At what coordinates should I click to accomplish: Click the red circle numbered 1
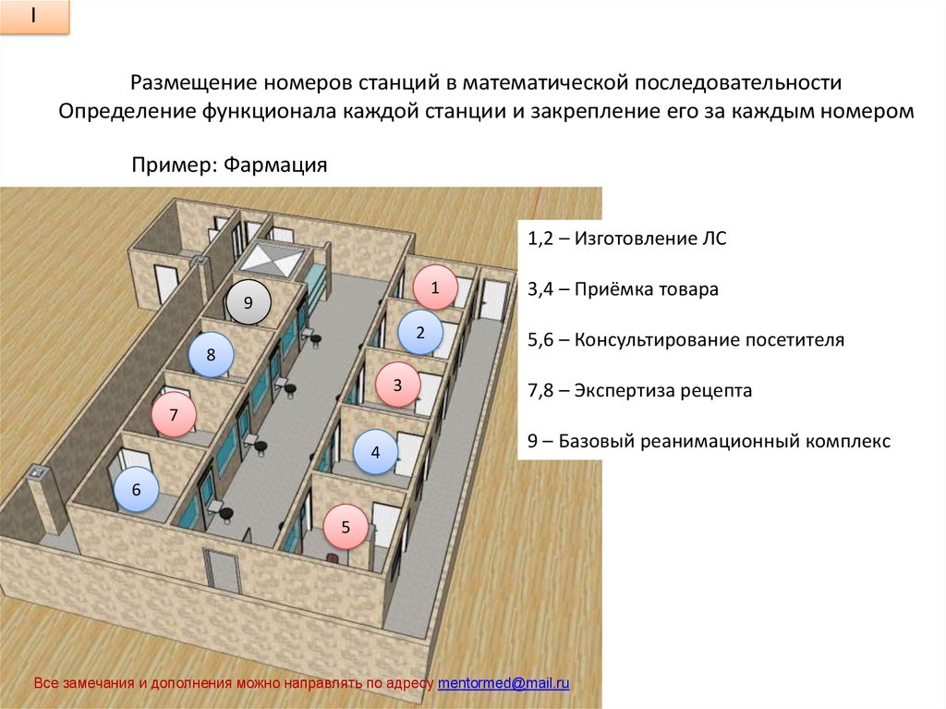(x=433, y=287)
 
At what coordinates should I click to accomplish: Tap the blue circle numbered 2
(x=420, y=334)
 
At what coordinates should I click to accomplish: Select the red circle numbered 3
(x=397, y=385)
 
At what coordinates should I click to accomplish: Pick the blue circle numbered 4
(x=375, y=453)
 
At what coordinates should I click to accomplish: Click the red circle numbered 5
(x=346, y=527)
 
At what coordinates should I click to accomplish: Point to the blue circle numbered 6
(x=136, y=491)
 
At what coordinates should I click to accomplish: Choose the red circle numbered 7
(x=173, y=416)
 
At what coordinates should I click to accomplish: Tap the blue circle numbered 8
(x=211, y=355)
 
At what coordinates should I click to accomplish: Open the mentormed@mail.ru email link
(x=503, y=683)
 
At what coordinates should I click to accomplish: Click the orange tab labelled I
(x=34, y=18)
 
